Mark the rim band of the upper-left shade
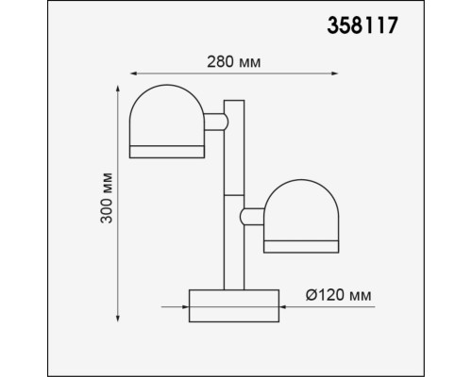pos(167,151)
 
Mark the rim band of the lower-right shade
pos(301,246)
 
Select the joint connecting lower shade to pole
pos(253,217)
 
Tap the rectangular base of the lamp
pos(234,305)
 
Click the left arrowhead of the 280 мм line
pos(132,74)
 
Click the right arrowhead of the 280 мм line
pos(337,74)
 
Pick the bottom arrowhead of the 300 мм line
pos(118,317)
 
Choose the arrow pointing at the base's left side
pos(182,305)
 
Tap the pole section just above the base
pos(233,269)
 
